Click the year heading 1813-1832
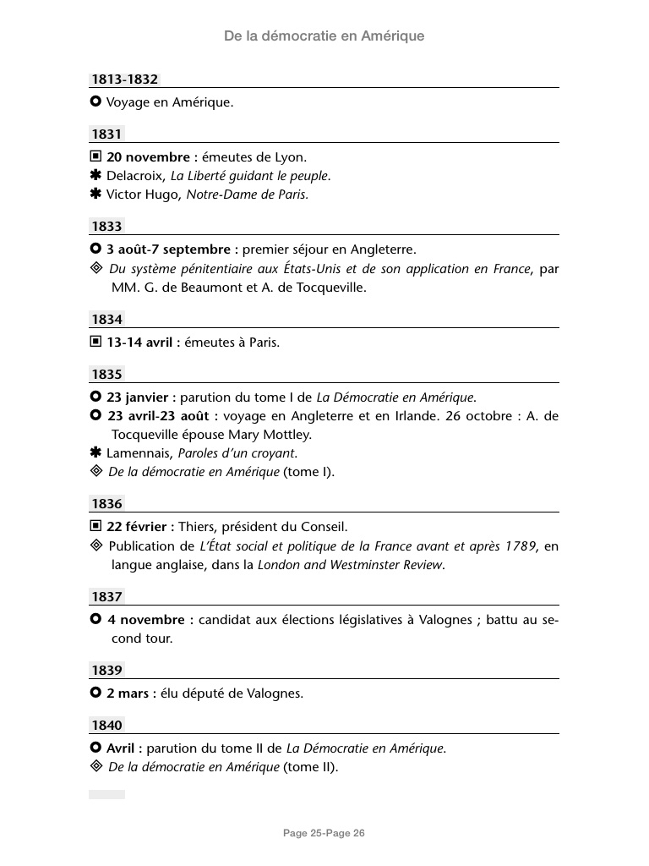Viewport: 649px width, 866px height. (x=125, y=79)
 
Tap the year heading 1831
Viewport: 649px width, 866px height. (x=107, y=134)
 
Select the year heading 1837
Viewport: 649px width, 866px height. (x=107, y=597)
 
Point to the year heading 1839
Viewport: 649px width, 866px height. (x=107, y=671)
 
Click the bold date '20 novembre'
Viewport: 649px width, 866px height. (x=149, y=157)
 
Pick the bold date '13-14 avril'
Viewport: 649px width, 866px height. (x=140, y=343)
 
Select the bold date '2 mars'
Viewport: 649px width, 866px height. (x=128, y=694)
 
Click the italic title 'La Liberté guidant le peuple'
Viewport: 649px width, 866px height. (x=250, y=176)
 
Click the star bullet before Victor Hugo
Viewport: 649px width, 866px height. (x=95, y=195)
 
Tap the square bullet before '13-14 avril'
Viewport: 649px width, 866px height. (x=95, y=343)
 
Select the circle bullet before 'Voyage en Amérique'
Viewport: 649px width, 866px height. (x=95, y=102)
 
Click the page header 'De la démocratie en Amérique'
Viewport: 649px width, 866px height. (x=324, y=36)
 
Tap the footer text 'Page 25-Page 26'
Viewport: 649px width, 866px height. (x=324, y=834)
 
